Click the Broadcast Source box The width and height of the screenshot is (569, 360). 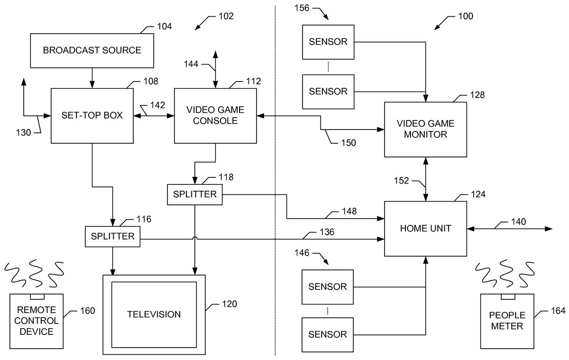[x=92, y=50]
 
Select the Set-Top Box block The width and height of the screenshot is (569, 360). [x=92, y=115]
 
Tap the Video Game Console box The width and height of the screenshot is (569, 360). [x=215, y=115]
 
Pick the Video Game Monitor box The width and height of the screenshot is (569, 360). [x=425, y=129]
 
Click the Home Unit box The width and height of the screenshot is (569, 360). [x=425, y=229]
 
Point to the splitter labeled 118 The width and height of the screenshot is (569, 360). [x=195, y=194]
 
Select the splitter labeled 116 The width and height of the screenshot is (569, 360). [x=113, y=236]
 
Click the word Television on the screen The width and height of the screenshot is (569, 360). [x=154, y=314]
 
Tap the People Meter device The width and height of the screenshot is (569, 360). [x=507, y=321]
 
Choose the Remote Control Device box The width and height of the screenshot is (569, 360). [x=37, y=321]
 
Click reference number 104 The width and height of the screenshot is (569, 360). [x=164, y=27]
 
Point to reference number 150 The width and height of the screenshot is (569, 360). [x=348, y=142]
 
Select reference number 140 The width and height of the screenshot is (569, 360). [x=518, y=221]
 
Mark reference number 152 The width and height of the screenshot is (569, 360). [x=402, y=180]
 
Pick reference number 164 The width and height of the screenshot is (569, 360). [x=558, y=311]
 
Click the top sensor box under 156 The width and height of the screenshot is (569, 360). [x=328, y=41]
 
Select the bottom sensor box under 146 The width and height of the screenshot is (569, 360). [x=328, y=334]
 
